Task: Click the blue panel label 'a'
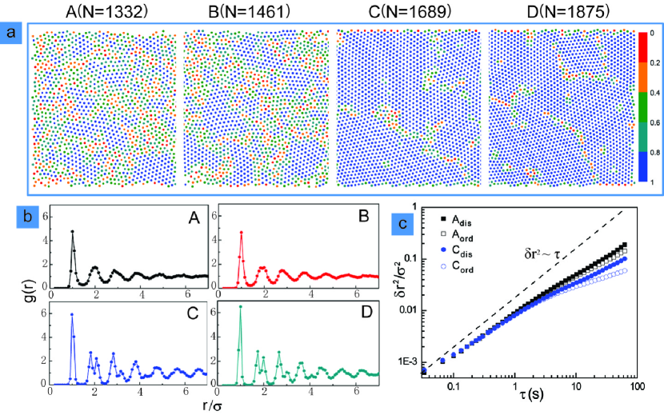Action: click(x=11, y=33)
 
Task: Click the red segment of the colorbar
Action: click(x=642, y=46)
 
